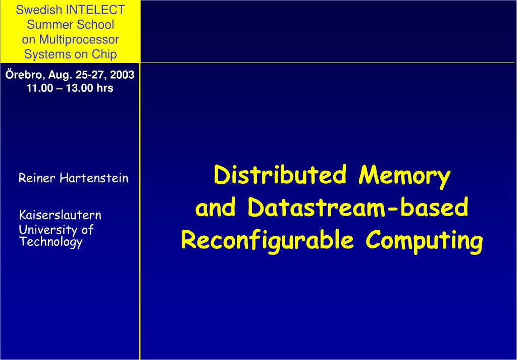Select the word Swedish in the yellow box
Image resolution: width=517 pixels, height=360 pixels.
point(48,10)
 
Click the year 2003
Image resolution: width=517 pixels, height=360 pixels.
point(123,75)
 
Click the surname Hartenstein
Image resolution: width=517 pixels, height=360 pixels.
point(93,178)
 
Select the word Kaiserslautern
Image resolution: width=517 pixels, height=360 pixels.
point(60,216)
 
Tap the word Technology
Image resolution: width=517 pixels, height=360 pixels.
point(50,242)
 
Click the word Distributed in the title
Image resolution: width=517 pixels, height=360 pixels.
point(280,175)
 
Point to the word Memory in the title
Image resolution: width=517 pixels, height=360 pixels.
point(404,175)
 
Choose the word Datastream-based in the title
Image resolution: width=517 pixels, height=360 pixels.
point(358,208)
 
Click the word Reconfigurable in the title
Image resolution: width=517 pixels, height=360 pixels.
point(267,241)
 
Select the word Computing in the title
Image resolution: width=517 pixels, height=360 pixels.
point(425,241)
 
